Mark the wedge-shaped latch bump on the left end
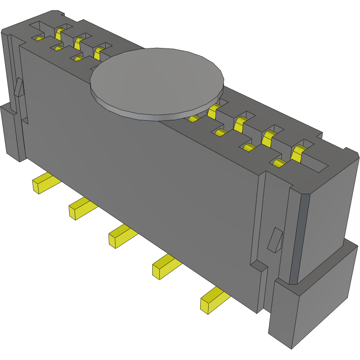click(x=18, y=87)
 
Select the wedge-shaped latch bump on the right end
click(x=275, y=239)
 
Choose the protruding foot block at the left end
click(x=10, y=132)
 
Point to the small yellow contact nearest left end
click(x=40, y=38)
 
